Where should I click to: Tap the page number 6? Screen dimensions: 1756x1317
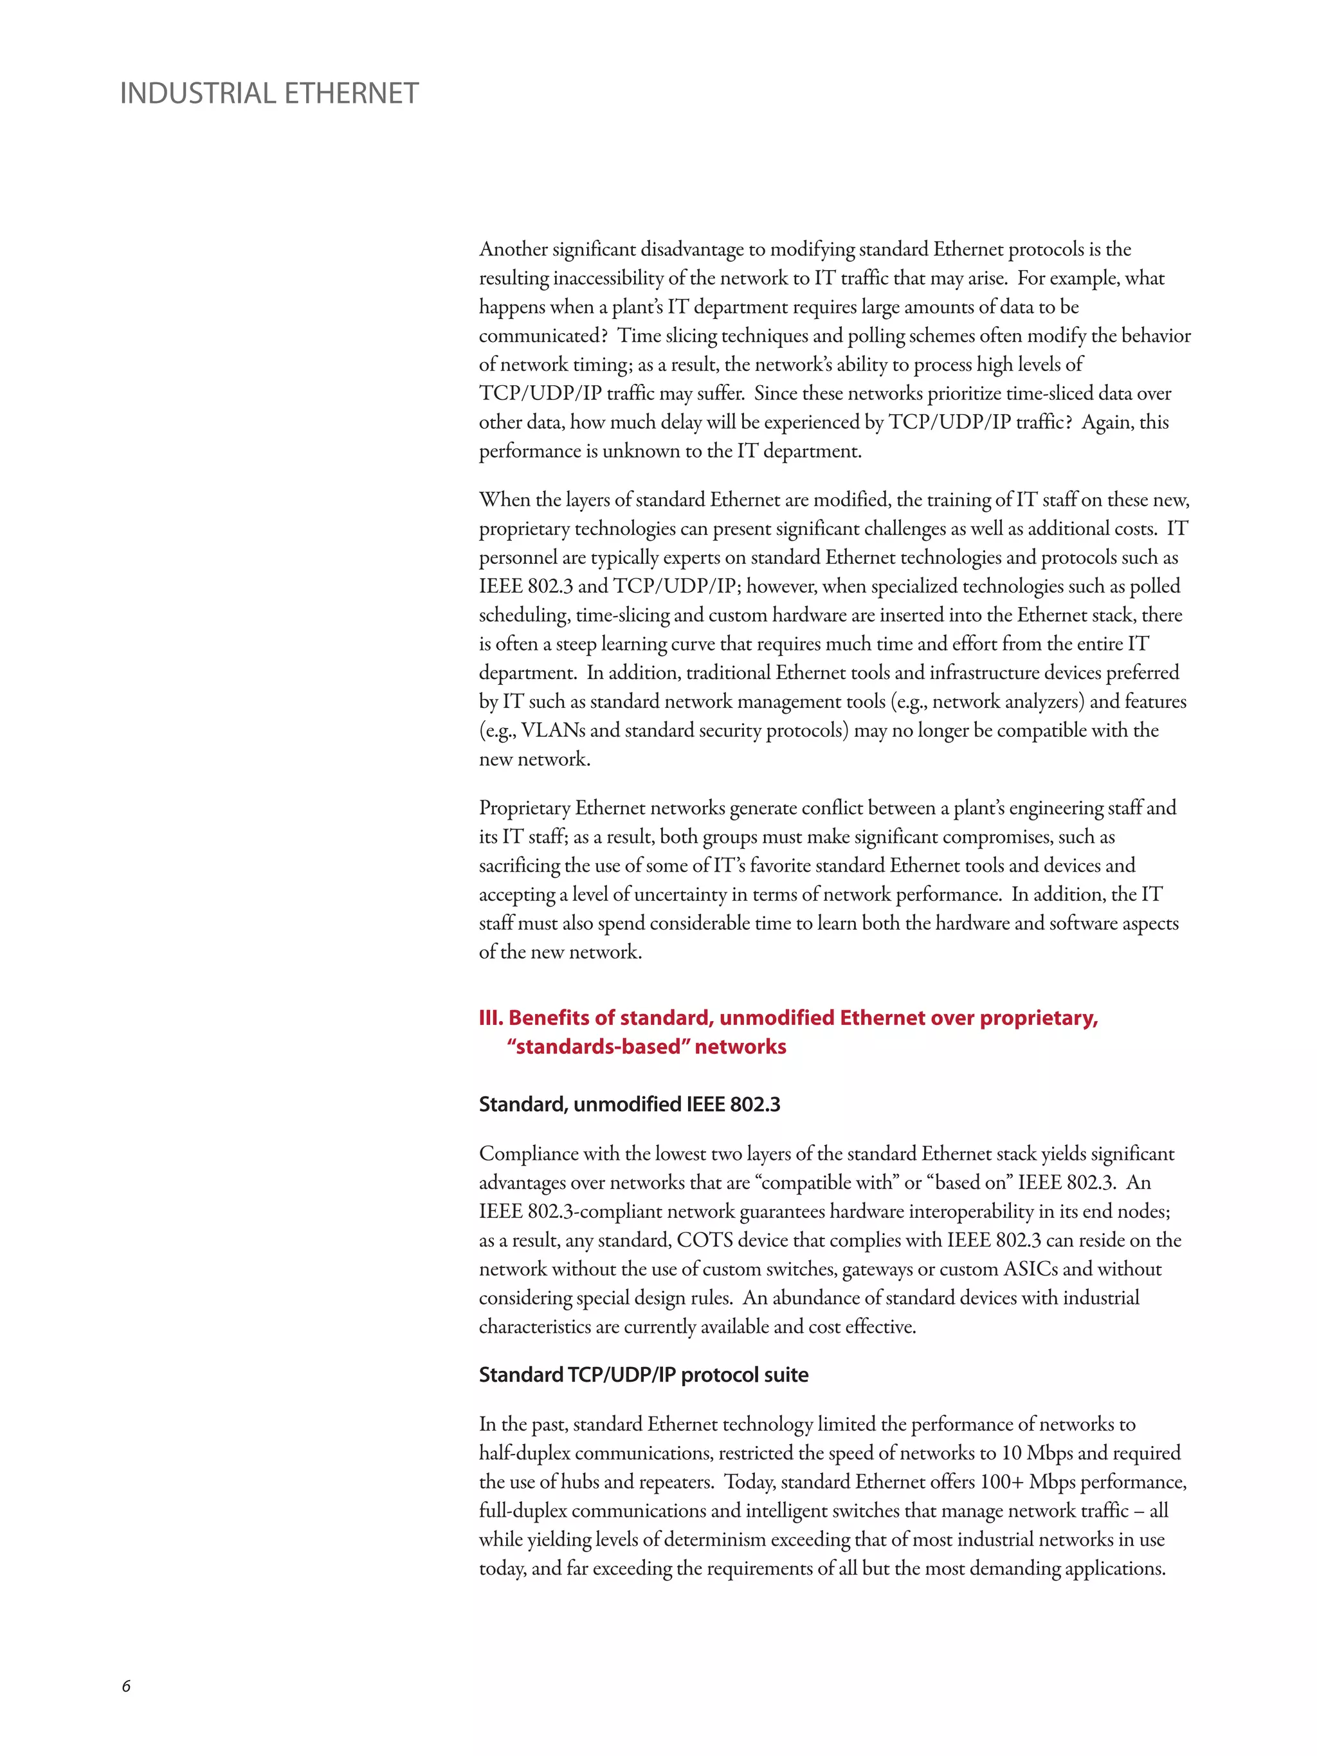126,1686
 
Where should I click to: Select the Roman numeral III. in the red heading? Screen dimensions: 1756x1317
491,1018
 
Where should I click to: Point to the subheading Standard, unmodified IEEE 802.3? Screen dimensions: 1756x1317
629,1104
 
